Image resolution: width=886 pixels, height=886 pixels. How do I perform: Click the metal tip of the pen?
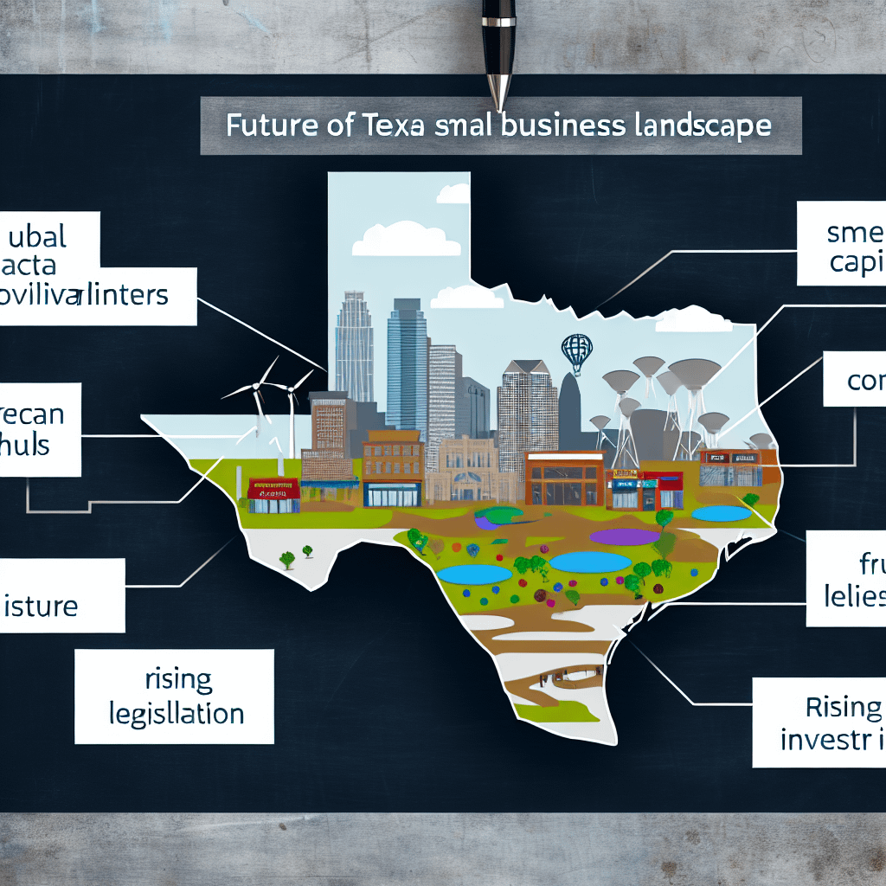[x=499, y=92]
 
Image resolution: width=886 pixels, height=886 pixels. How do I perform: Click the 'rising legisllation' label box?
[x=174, y=697]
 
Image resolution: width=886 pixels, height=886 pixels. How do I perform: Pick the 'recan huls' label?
[x=35, y=428]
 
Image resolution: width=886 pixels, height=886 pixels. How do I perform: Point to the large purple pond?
[x=624, y=537]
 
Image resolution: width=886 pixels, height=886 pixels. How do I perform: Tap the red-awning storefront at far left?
[x=273, y=495]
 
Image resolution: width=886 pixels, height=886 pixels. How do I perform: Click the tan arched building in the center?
[x=468, y=471]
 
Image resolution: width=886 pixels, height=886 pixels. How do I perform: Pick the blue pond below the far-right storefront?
[x=722, y=513]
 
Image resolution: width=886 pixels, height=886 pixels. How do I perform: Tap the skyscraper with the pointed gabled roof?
[x=526, y=407]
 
